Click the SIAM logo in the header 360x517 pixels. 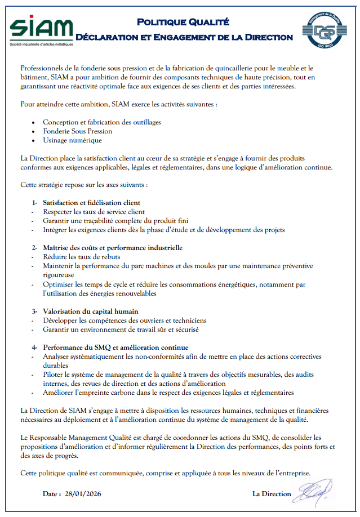click(x=41, y=28)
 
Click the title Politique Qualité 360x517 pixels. click(x=183, y=22)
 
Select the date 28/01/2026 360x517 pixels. click(x=83, y=494)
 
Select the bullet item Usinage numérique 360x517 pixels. click(x=73, y=140)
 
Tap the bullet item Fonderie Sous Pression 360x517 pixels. click(x=78, y=131)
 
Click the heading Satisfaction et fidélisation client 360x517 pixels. click(x=92, y=202)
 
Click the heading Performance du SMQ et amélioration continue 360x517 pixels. click(x=115, y=347)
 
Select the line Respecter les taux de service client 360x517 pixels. click(x=94, y=211)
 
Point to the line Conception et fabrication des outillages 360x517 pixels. click(x=102, y=122)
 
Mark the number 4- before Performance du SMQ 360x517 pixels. click(x=35, y=347)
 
